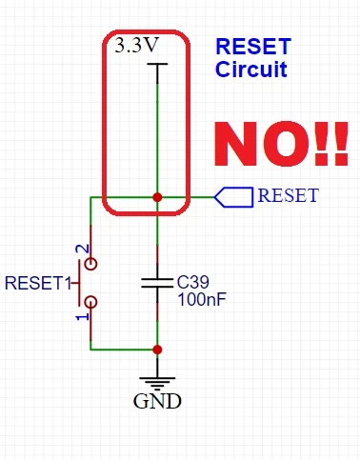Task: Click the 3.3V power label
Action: click(x=136, y=46)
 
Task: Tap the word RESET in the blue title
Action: click(x=253, y=47)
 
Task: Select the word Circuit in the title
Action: click(x=251, y=69)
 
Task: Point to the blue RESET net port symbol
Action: click(x=234, y=197)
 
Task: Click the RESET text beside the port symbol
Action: click(x=289, y=195)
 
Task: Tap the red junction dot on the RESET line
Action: click(x=157, y=197)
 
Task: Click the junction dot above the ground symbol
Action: click(x=157, y=350)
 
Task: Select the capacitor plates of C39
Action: click(x=157, y=283)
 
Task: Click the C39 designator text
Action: click(x=193, y=282)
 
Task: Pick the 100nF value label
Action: click(x=202, y=299)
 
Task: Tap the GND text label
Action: click(x=157, y=401)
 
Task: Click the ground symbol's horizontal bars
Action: click(x=157, y=384)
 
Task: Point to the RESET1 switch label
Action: click(x=38, y=283)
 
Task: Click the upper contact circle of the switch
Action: click(x=91, y=264)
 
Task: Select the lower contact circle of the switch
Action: click(x=91, y=302)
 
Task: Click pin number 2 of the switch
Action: click(x=82, y=249)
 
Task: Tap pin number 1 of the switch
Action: click(x=82, y=317)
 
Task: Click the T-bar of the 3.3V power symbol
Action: click(x=157, y=64)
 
